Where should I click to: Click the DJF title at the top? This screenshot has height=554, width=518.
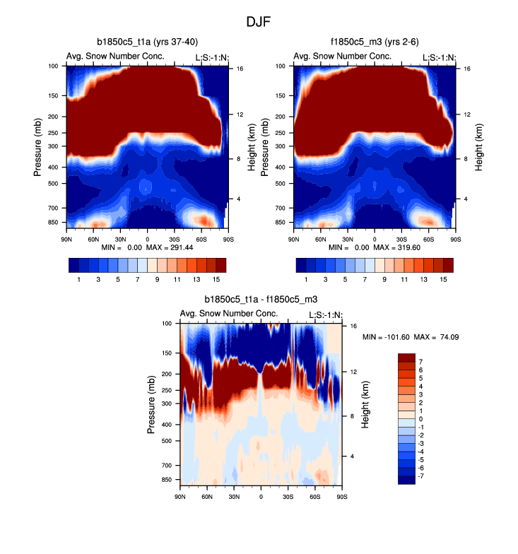pos(259,22)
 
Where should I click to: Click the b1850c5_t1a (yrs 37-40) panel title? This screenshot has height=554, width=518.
pos(148,42)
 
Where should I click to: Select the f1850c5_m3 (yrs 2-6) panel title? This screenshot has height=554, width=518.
pos(375,42)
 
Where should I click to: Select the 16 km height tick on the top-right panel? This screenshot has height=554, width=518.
pos(467,69)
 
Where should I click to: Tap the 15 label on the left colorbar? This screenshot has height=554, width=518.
pos(216,280)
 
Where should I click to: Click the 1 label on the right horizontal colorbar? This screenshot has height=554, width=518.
pos(306,280)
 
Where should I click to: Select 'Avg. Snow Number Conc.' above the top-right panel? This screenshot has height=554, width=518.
pos(342,57)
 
